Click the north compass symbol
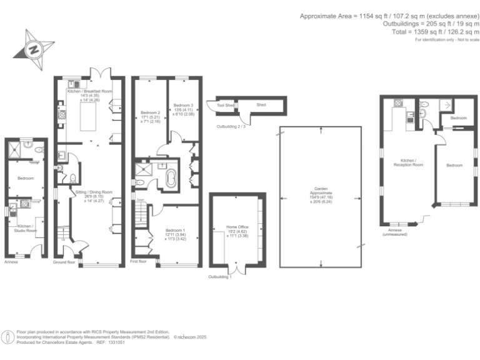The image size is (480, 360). pos(34,48)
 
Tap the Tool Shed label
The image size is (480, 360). pos(225,106)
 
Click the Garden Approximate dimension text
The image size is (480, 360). pos(319,193)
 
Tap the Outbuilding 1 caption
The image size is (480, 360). pos(220,277)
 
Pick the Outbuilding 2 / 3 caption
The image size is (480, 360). pos(231,127)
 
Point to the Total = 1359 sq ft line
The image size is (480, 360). pos(436,32)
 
